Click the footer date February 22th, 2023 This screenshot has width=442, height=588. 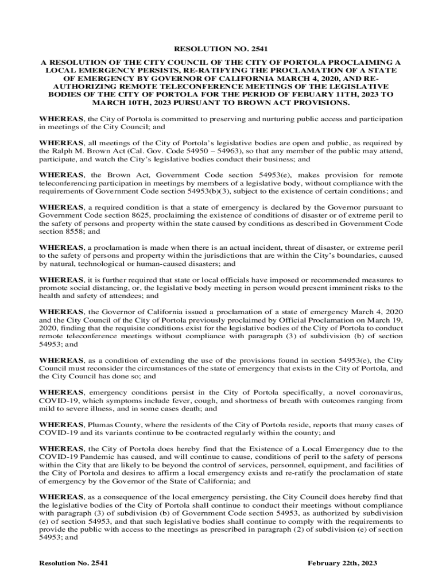(x=343, y=563)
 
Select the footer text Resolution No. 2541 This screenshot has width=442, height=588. (x=73, y=563)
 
